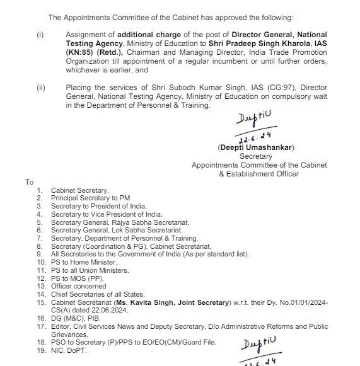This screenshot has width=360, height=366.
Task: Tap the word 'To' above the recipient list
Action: pyautogui.click(x=29, y=182)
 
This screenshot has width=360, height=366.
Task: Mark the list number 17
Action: pyautogui.click(x=41, y=326)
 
